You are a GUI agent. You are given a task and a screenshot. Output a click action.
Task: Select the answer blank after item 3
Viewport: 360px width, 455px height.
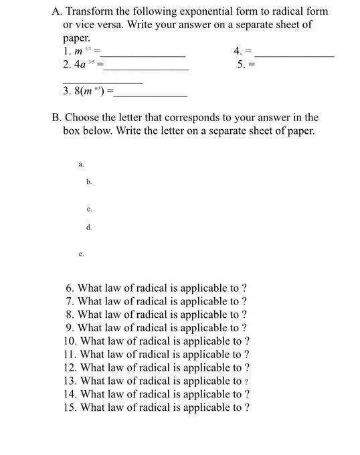151,94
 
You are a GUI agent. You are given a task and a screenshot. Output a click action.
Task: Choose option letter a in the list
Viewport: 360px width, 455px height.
80,163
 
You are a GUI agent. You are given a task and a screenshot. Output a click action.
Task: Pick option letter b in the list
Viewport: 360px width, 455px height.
88,181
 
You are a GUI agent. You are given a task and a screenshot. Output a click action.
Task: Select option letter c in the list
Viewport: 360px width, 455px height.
88,209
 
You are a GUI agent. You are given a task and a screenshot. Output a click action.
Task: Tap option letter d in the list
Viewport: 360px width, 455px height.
88,227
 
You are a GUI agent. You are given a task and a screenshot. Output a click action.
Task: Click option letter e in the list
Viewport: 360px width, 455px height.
80,255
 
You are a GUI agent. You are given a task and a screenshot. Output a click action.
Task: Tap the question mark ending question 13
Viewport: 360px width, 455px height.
246,381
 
